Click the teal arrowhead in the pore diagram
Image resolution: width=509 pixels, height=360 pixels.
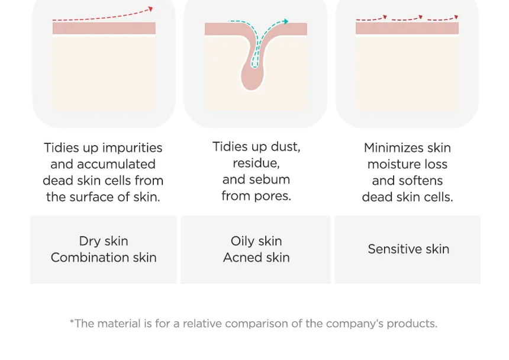[285, 21]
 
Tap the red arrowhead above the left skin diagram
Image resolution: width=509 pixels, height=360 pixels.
[150, 9]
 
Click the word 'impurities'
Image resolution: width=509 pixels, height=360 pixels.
[132, 148]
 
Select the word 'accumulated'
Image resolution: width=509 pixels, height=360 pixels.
[116, 164]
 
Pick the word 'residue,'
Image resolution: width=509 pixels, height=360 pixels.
[256, 163]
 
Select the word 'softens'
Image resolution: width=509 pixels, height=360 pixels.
[423, 180]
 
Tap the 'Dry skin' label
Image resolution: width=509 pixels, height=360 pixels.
[104, 241]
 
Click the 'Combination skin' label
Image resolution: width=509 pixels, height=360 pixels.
[104, 258]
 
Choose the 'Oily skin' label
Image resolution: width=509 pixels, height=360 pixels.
[256, 241]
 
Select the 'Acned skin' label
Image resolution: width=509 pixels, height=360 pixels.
[256, 258]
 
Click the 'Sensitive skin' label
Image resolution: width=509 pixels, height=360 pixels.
[408, 249]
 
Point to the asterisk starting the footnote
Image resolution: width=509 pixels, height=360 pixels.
[72, 322]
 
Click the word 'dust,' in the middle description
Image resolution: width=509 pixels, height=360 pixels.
[286, 147]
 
